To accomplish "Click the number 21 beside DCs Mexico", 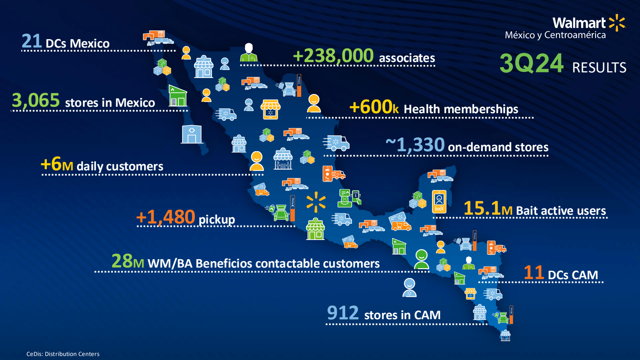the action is pyautogui.click(x=32, y=42).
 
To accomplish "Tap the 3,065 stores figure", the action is pyautogui.click(x=36, y=100).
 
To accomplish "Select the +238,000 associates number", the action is pyautogui.click(x=333, y=56).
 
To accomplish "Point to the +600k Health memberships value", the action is pyautogui.click(x=374, y=107).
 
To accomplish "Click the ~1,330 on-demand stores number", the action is pyautogui.click(x=415, y=145).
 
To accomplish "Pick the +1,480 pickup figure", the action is pyautogui.click(x=166, y=217).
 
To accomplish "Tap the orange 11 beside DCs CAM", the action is pyautogui.click(x=534, y=272).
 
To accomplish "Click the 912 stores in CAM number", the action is pyautogui.click(x=343, y=313).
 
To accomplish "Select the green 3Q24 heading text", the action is pyautogui.click(x=532, y=64).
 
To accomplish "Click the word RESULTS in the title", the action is pyautogui.click(x=599, y=68).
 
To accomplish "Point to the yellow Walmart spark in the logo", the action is pyautogui.click(x=617, y=22).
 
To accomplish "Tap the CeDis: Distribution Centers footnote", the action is pyautogui.click(x=63, y=354).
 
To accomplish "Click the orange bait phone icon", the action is pyautogui.click(x=439, y=202).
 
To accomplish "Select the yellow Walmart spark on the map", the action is pyautogui.click(x=316, y=202).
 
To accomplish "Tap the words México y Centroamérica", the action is pyautogui.click(x=556, y=35).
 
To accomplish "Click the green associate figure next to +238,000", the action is pyautogui.click(x=248, y=52).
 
